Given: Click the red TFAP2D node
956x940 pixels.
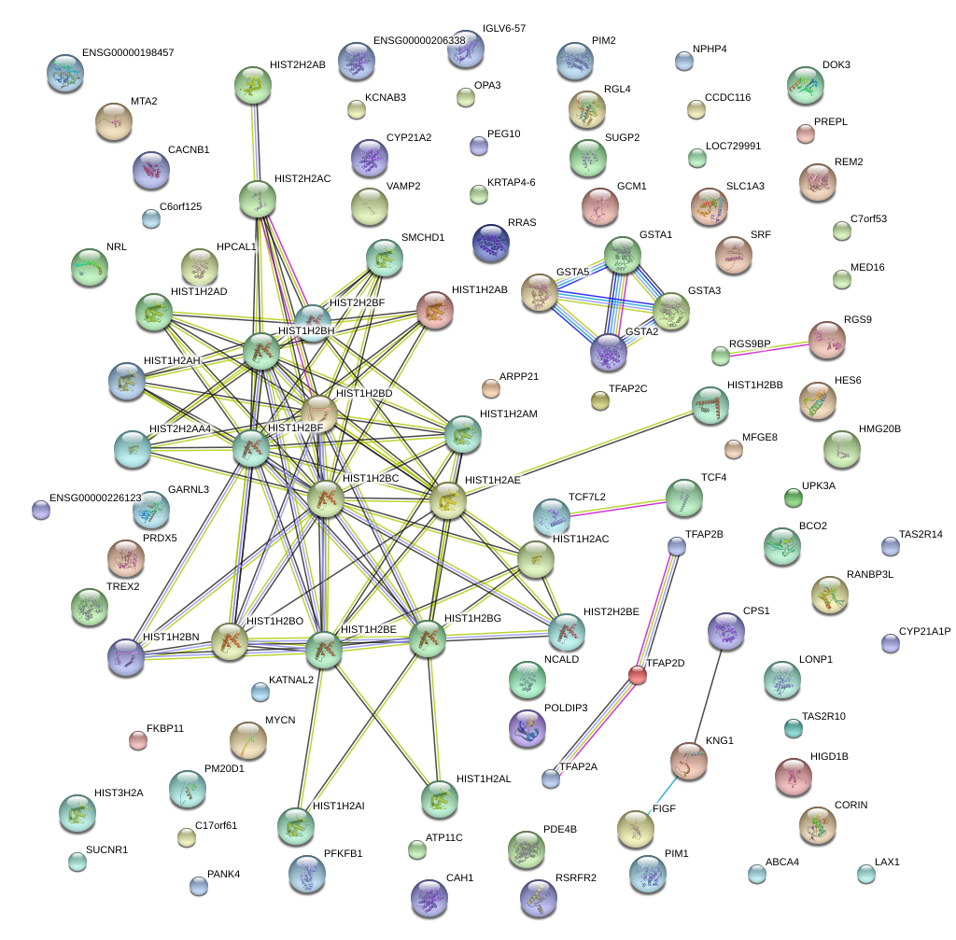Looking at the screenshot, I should coord(638,674).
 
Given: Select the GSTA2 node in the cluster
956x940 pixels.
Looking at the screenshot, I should coord(609,352).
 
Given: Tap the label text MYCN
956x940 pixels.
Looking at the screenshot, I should coord(280,721).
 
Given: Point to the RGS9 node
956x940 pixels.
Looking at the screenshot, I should coord(826,341).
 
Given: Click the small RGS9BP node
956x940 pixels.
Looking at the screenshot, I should coord(720,355).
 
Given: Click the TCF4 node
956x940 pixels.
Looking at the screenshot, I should coord(684,498).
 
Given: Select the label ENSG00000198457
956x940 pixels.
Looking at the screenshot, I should coord(128,53).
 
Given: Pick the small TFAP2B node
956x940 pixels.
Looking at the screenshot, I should coord(677,546).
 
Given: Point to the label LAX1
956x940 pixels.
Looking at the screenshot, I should coord(887,862).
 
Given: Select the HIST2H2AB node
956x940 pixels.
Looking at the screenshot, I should coord(252,85).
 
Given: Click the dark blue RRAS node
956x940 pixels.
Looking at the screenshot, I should coord(491,243).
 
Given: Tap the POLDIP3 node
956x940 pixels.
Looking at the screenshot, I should coord(527,728).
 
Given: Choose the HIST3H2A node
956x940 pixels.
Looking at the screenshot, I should coord(77,814).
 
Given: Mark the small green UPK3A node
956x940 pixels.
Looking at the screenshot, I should coord(794,498).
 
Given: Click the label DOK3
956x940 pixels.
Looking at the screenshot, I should coord(836,65).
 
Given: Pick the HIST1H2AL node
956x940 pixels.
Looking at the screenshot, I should coord(439,798).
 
